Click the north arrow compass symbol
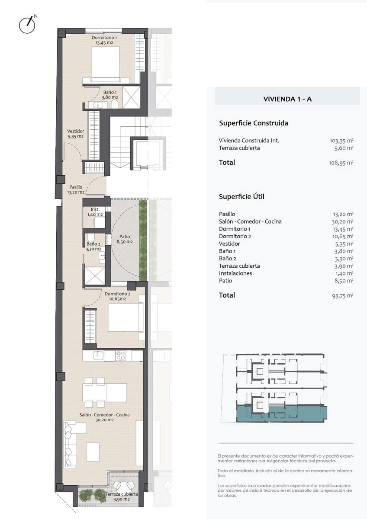27,25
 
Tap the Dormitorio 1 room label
104,40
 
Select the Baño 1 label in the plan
109,95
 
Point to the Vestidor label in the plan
75,134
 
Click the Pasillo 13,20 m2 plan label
75,190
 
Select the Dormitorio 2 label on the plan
117,296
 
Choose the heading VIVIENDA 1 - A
287,99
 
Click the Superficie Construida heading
254,123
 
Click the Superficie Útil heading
241,197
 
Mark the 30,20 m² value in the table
344,221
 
